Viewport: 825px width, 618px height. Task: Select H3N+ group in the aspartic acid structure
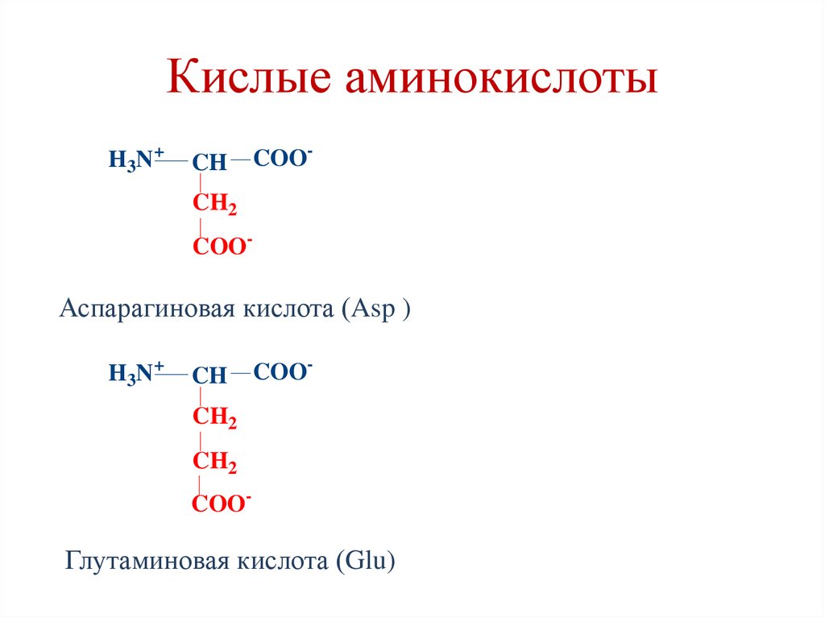coord(136,159)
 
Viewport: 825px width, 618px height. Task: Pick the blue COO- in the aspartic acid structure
coord(283,159)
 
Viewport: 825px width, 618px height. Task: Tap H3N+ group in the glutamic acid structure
coord(136,373)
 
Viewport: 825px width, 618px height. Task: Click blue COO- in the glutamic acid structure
coord(283,371)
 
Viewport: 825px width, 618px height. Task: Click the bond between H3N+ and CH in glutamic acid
coord(172,374)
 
